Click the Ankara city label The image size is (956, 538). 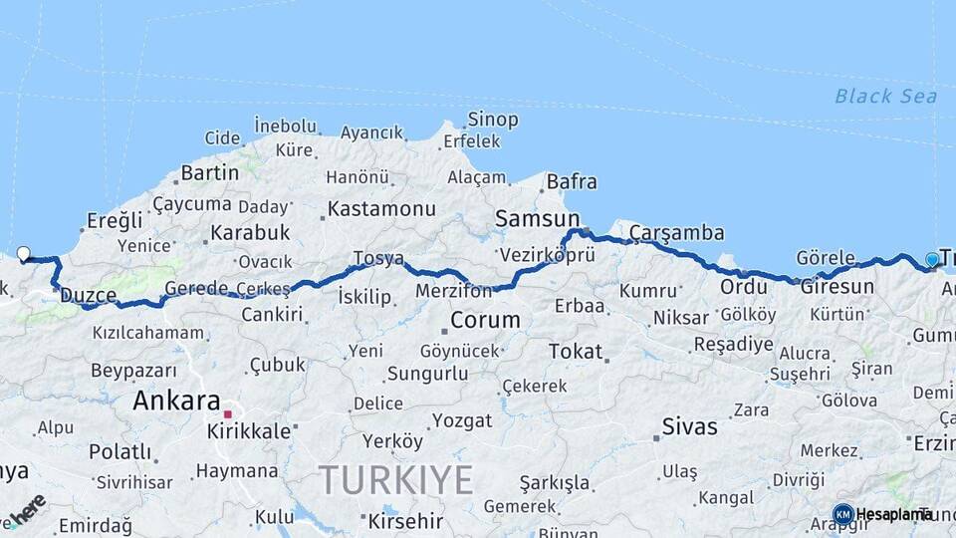tap(176, 402)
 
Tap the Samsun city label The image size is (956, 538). tap(537, 218)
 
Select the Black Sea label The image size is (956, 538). tap(885, 97)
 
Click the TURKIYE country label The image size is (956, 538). tap(395, 481)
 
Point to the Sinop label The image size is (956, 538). tap(492, 120)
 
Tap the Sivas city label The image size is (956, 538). tap(688, 427)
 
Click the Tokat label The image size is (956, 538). tap(576, 352)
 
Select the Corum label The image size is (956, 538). tap(485, 320)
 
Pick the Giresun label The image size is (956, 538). tap(836, 287)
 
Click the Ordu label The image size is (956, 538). tap(743, 287)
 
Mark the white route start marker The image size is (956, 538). tap(24, 254)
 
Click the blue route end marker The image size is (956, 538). tap(932, 260)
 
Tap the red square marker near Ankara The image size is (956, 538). tap(227, 413)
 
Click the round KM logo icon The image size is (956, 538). tap(842, 514)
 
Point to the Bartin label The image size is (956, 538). tap(209, 173)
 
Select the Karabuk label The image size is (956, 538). tap(249, 232)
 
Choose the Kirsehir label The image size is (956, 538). tap(405, 521)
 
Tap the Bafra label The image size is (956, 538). tap(572, 182)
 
